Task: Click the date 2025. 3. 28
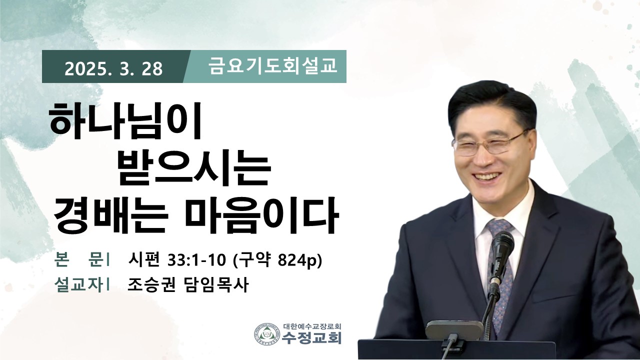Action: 113,69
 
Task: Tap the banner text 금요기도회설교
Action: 272,66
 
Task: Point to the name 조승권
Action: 151,285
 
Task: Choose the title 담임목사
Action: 215,285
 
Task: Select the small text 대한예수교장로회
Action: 312,326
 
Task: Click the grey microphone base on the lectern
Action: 454,330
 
